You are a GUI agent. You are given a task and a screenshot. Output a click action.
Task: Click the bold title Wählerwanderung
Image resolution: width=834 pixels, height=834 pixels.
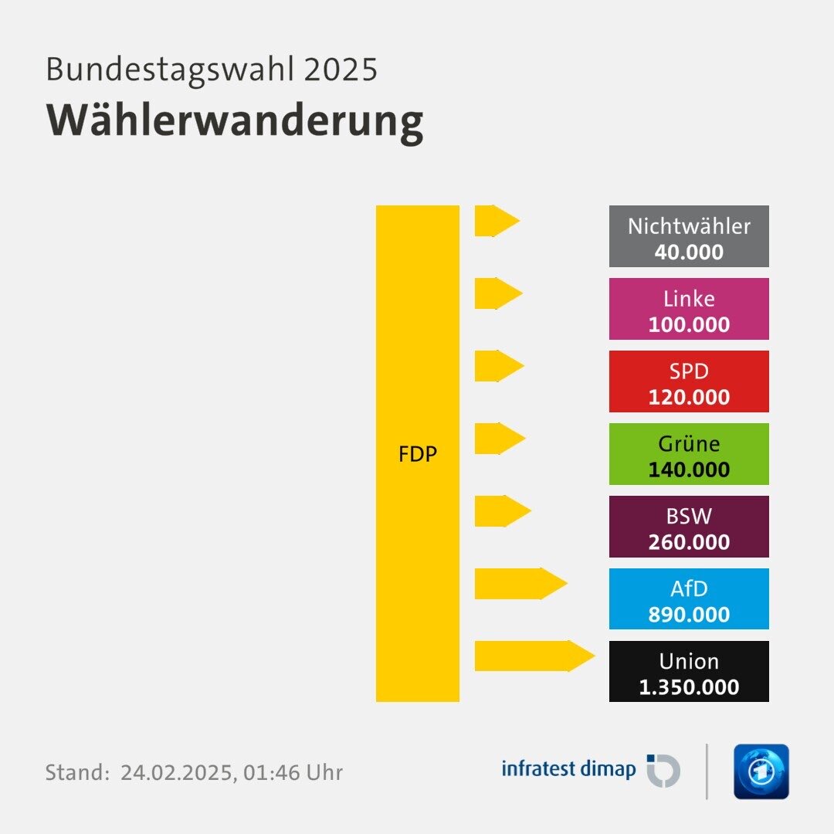click(235, 120)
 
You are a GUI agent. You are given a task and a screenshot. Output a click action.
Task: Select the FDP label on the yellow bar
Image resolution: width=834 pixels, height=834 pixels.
click(418, 454)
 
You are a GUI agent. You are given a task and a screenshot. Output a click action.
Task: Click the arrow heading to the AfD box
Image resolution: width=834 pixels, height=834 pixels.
click(519, 584)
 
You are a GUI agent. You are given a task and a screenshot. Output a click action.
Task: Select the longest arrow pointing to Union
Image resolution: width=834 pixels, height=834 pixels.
click(533, 656)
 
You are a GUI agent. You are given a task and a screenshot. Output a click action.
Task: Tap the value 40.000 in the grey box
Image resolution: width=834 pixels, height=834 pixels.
click(689, 252)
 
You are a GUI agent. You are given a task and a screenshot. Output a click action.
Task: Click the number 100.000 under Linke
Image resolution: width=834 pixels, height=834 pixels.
click(689, 324)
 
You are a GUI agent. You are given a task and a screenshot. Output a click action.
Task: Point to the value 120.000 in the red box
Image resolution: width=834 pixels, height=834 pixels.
click(689, 397)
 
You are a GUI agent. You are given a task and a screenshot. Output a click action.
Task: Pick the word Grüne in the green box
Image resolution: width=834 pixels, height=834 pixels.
click(689, 444)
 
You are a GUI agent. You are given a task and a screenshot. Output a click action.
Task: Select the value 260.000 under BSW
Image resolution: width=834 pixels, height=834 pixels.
click(689, 542)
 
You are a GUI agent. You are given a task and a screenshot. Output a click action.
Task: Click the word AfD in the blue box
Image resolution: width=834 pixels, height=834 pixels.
click(689, 589)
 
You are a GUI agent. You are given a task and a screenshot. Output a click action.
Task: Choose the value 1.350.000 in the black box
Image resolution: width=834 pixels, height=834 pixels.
click(689, 687)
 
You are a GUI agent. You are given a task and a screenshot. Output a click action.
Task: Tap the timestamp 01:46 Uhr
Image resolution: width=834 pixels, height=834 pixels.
click(293, 772)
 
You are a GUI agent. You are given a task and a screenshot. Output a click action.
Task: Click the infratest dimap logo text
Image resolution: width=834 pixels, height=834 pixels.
click(568, 769)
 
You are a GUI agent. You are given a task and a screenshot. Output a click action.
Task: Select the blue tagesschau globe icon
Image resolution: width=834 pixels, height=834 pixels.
click(761, 771)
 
